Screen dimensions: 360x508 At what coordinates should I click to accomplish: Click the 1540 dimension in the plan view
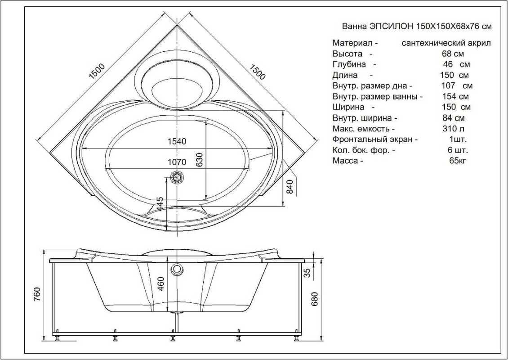(x=177, y=141)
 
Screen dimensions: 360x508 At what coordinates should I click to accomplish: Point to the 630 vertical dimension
(x=200, y=160)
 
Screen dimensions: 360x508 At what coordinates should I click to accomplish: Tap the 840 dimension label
(x=290, y=187)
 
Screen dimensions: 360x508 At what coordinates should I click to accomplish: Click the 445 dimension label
(x=160, y=205)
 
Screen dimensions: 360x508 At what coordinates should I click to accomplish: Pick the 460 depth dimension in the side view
(x=161, y=284)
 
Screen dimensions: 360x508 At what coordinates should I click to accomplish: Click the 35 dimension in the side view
(x=307, y=273)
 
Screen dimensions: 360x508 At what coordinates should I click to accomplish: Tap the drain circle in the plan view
(x=177, y=178)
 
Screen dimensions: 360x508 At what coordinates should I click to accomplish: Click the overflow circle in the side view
(x=177, y=269)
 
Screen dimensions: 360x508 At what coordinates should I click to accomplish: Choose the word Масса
(x=345, y=161)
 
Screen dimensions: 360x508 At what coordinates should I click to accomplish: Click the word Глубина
(x=349, y=64)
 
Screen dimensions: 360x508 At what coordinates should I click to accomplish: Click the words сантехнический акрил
(x=446, y=43)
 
